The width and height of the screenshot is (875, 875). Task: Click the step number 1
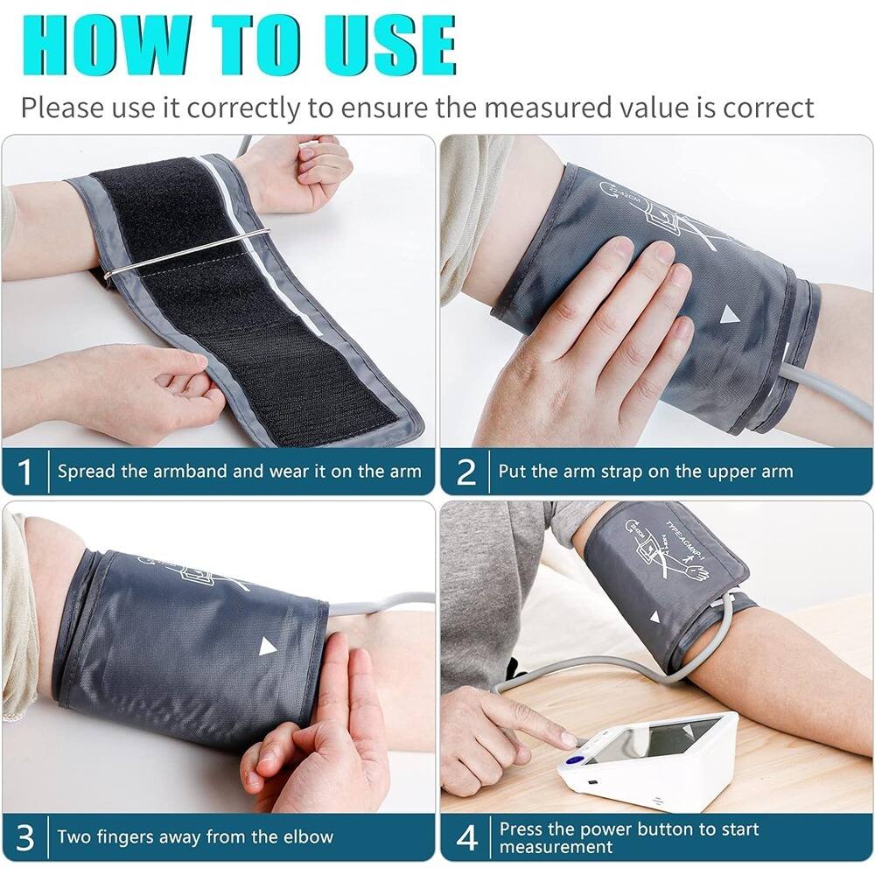click(x=25, y=472)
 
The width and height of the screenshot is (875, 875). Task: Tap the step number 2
click(x=467, y=472)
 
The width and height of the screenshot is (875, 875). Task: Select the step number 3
click(x=25, y=837)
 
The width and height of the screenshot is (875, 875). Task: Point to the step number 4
click(x=467, y=837)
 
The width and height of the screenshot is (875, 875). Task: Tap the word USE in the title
click(x=375, y=44)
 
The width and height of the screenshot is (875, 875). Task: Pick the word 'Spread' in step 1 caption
click(x=87, y=472)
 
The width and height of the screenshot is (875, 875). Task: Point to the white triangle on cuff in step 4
click(x=654, y=617)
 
